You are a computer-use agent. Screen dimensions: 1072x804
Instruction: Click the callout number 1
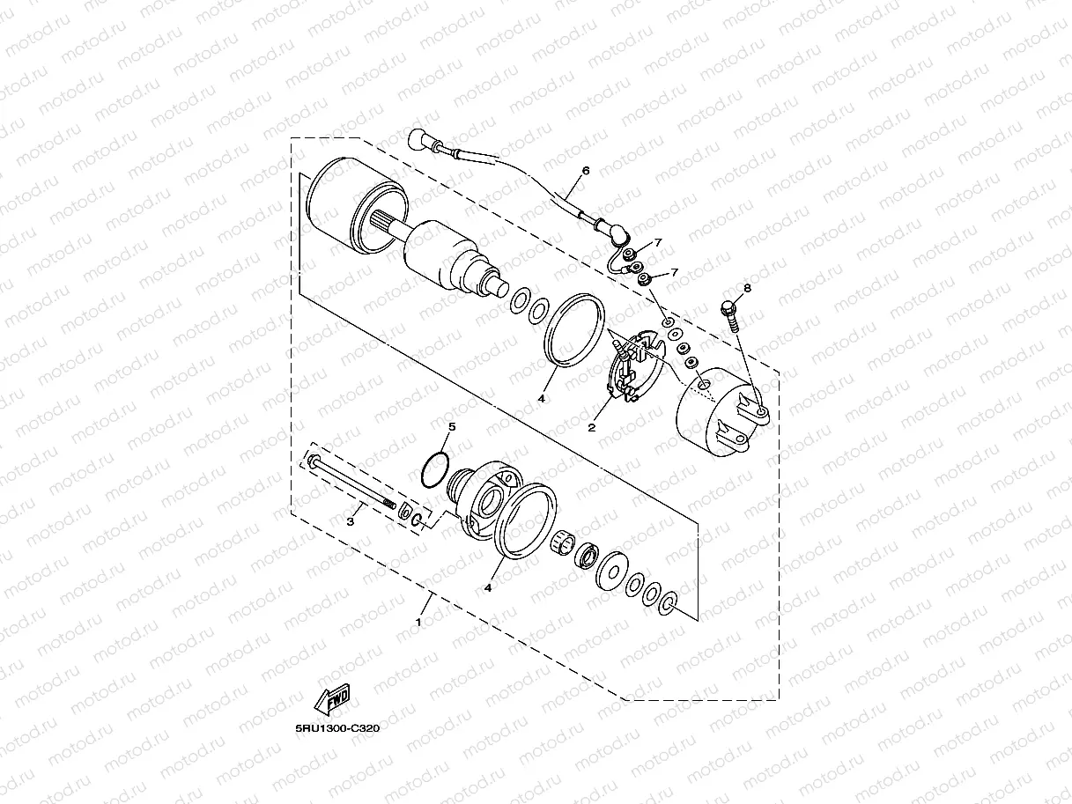418,623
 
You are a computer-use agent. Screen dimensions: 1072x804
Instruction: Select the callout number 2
591,428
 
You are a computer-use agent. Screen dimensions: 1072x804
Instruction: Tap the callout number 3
351,522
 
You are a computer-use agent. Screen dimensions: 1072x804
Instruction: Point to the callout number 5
452,426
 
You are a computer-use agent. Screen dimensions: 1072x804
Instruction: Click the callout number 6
586,170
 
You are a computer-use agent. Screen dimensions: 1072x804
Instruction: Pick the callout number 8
747,288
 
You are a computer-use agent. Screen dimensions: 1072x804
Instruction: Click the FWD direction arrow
332,699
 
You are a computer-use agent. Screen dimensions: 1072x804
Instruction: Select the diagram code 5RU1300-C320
337,728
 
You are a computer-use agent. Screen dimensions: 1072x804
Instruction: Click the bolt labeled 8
729,316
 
